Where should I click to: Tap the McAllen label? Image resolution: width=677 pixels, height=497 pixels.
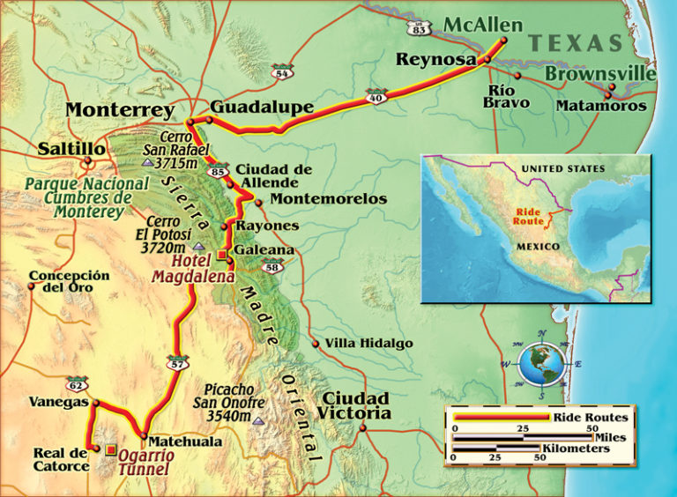point(482,25)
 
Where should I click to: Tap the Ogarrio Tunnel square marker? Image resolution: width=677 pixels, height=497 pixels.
point(110,449)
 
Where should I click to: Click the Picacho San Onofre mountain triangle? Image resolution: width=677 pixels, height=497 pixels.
point(258,422)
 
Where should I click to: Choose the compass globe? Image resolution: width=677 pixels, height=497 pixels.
point(540,364)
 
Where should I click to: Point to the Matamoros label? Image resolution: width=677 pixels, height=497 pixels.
point(601,106)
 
